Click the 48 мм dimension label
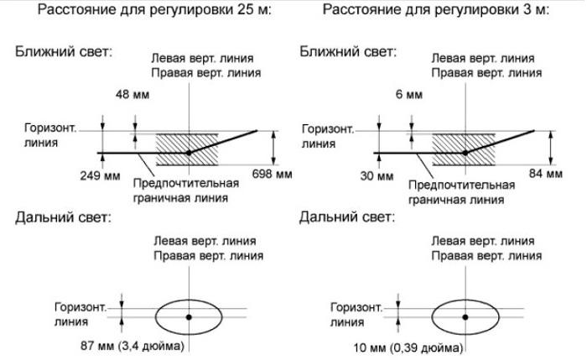[x=132, y=94]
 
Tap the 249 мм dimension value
[x=100, y=175]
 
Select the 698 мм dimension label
[x=273, y=174]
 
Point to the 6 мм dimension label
[x=409, y=94]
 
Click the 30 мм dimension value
[x=377, y=175]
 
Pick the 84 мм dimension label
[x=546, y=174]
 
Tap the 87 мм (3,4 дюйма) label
[x=132, y=346]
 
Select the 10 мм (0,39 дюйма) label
[x=408, y=348]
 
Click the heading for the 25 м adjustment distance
[x=154, y=10]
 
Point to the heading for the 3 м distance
[x=436, y=10]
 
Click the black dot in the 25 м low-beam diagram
[x=189, y=153]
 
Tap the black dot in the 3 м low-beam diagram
[x=465, y=153]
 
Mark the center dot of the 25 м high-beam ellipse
[x=189, y=317]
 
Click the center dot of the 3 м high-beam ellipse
[x=465, y=317]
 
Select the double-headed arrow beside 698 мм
[x=274, y=148]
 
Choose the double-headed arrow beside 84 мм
[x=551, y=148]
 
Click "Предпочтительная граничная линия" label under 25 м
[x=186, y=190]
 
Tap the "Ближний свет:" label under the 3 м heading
[x=348, y=52]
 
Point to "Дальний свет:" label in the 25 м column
[x=63, y=217]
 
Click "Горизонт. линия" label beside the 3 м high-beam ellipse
[x=356, y=315]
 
